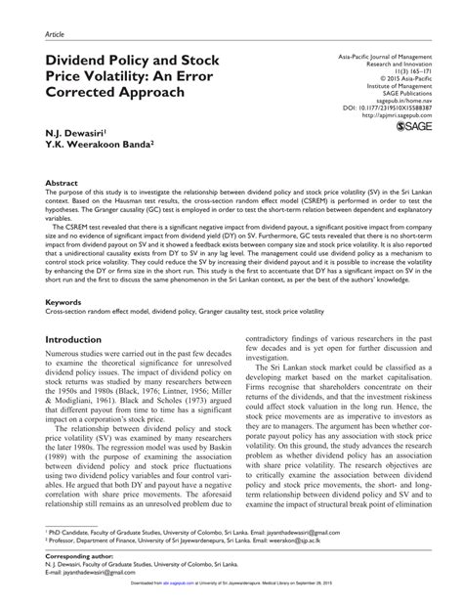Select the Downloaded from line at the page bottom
[x=231, y=597]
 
